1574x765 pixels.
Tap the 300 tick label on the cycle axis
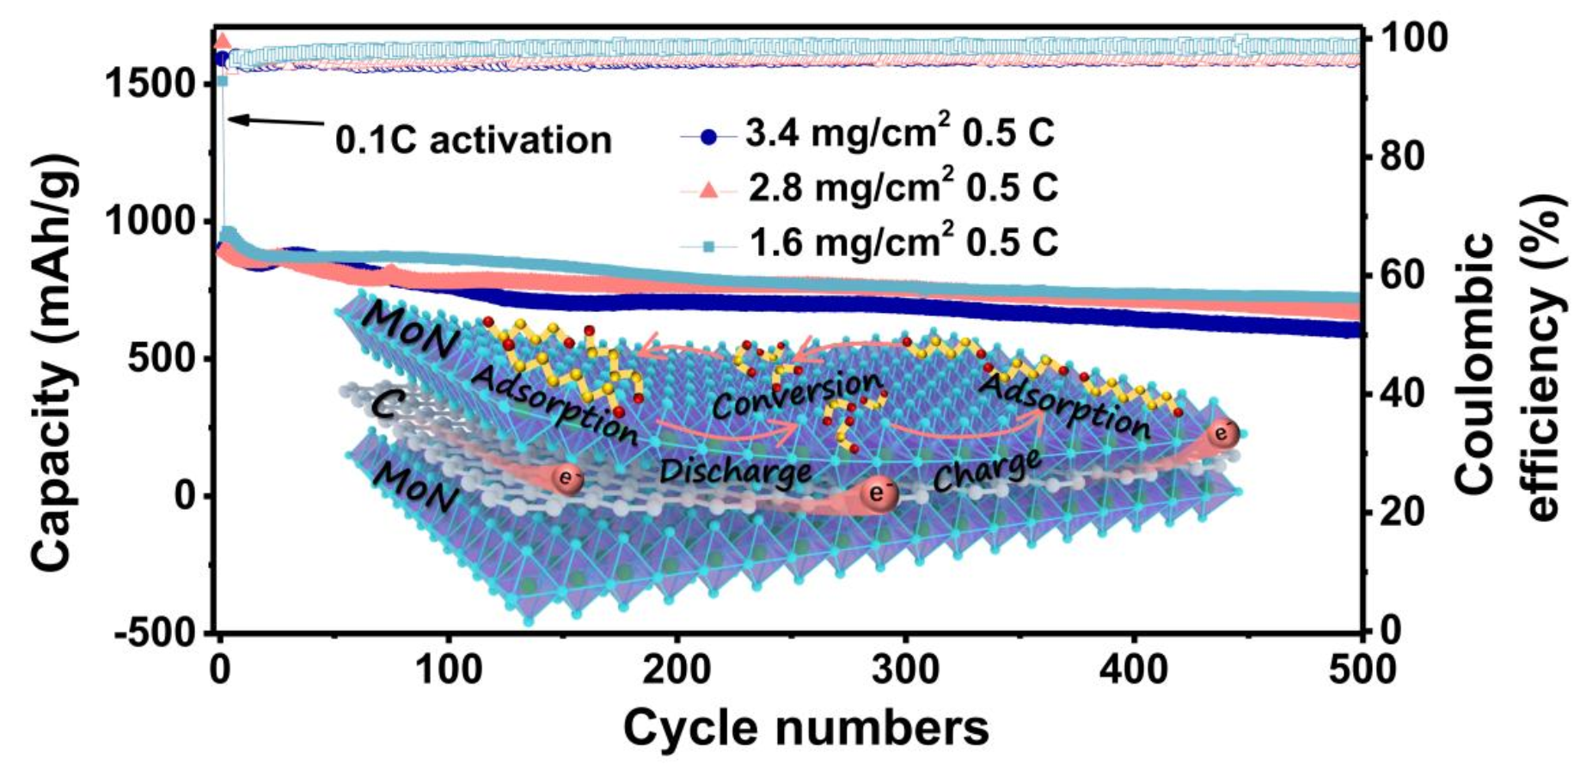coord(905,668)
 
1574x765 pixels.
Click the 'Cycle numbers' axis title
coord(805,727)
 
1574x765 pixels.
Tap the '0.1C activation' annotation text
coord(473,139)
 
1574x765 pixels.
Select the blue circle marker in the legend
coord(708,136)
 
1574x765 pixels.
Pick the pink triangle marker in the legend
coord(708,189)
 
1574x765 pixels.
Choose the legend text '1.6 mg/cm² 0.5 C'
coord(903,242)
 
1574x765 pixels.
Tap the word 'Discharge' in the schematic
coord(735,470)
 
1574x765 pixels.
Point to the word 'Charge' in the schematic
coord(986,470)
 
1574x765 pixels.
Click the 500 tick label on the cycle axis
coord(1360,668)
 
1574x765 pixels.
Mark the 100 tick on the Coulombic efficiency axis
coord(1414,38)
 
